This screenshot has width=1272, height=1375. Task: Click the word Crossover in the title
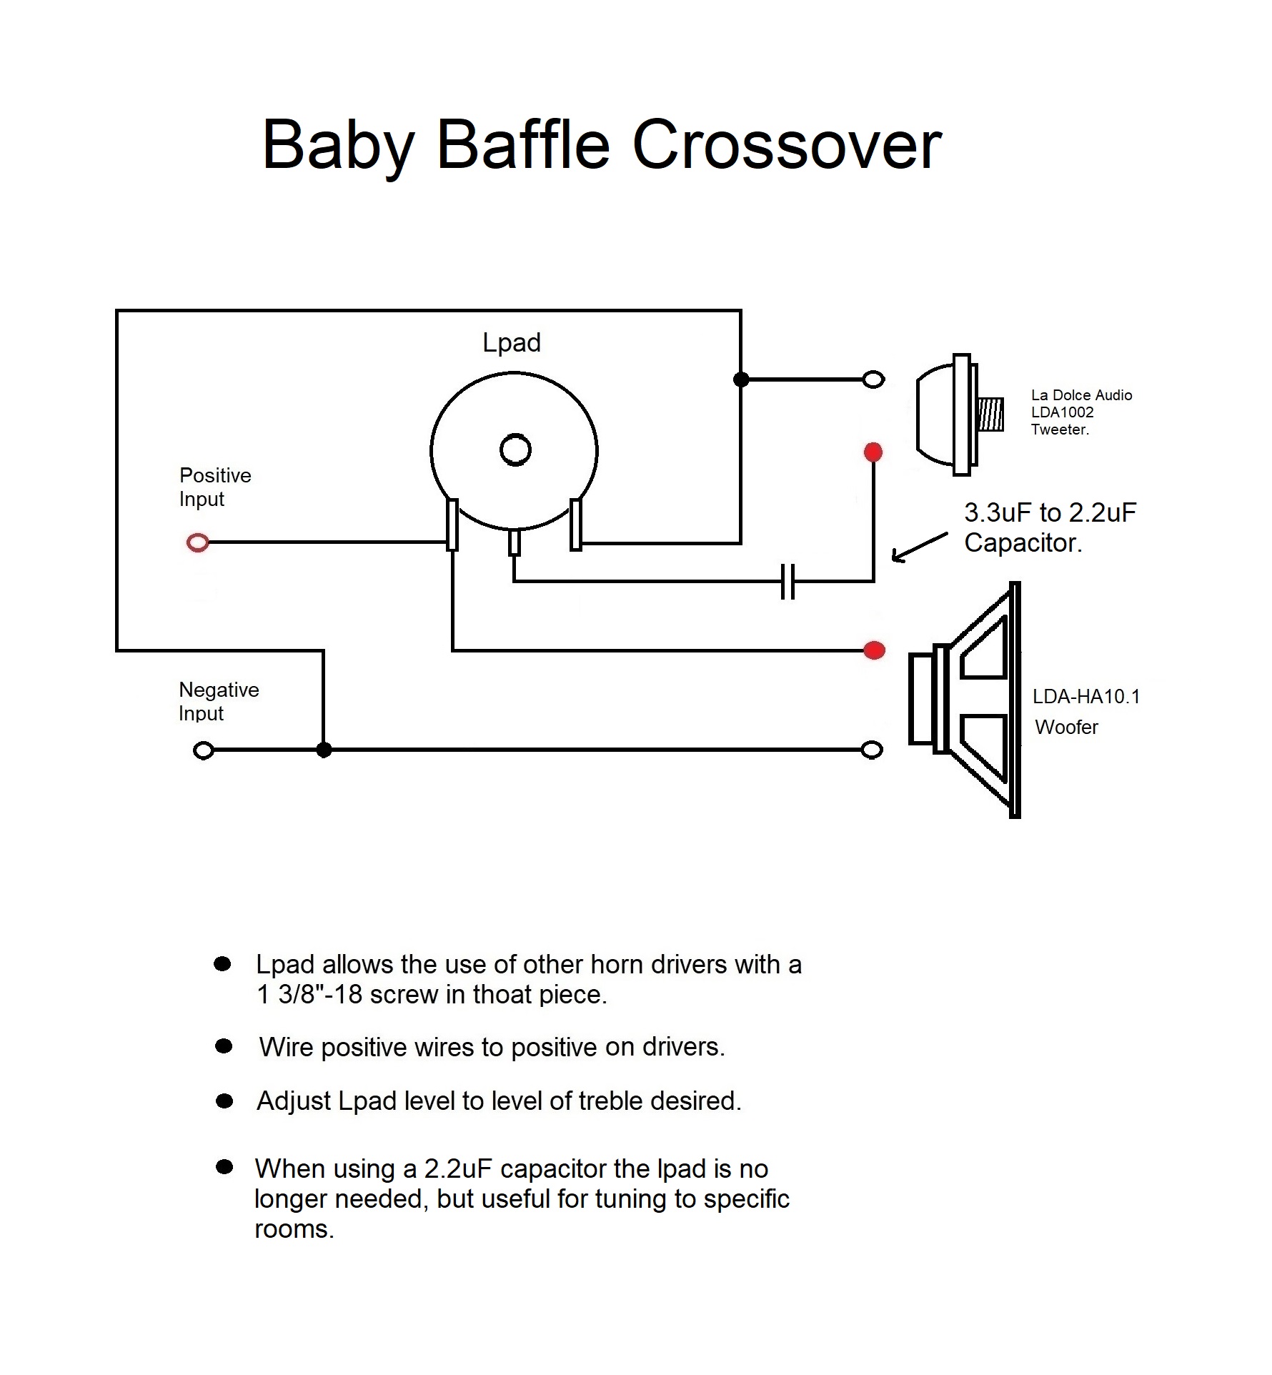[787, 145]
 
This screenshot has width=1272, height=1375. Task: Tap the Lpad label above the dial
[512, 343]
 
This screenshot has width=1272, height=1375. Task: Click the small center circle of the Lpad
[515, 450]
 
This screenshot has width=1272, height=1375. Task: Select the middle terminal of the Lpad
[515, 542]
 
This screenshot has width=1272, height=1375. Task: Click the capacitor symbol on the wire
[787, 581]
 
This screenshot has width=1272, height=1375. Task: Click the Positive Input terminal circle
[198, 543]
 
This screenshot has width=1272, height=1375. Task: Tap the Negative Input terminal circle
[204, 750]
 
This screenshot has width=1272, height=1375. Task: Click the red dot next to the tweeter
[873, 452]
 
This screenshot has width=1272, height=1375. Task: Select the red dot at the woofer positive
[875, 650]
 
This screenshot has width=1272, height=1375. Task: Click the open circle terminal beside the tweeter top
[873, 379]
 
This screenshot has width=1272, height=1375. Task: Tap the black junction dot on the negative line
[324, 750]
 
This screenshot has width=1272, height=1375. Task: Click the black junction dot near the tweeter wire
[741, 379]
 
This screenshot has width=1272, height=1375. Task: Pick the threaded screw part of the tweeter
[991, 415]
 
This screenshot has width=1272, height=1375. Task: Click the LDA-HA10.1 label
[1086, 697]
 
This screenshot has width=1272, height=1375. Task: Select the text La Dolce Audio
[1081, 395]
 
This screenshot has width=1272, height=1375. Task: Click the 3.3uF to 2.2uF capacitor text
[1050, 513]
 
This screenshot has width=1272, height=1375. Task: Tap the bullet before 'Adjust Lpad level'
[224, 1101]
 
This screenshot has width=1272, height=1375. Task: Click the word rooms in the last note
[294, 1228]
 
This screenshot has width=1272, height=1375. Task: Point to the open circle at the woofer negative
[872, 750]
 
